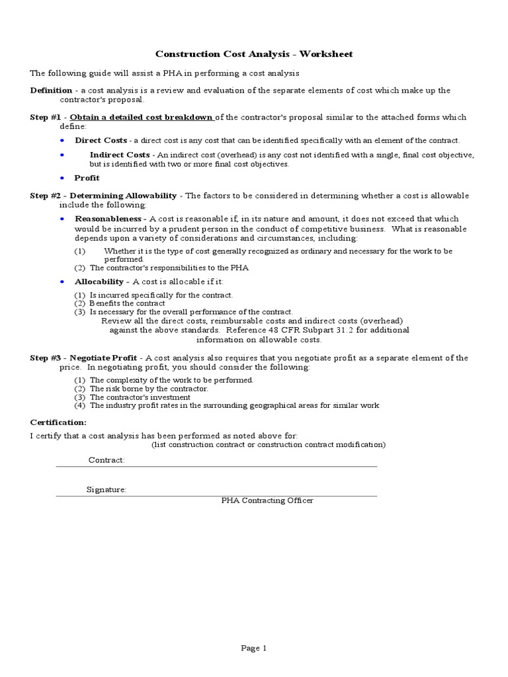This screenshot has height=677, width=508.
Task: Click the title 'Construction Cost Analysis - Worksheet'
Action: point(254,54)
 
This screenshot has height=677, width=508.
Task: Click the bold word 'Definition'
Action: point(52,91)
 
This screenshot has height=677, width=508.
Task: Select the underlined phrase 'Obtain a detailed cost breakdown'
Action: point(142,118)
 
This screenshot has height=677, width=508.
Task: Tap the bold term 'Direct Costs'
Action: point(101,140)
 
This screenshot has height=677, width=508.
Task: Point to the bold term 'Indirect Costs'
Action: point(120,155)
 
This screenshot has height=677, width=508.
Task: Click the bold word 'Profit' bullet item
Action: point(87,178)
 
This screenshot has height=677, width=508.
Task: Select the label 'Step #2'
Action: point(46,196)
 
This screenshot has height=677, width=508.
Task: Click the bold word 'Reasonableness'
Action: point(108,219)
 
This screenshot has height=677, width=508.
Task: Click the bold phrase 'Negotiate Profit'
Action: point(103,358)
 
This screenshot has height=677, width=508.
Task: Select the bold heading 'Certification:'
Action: point(58,422)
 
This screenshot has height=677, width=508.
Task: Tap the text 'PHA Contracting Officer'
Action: point(267,500)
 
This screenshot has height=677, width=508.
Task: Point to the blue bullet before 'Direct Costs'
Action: point(62,141)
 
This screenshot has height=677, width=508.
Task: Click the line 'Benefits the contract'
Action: point(127,303)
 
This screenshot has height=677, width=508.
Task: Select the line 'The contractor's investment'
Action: point(140,397)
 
